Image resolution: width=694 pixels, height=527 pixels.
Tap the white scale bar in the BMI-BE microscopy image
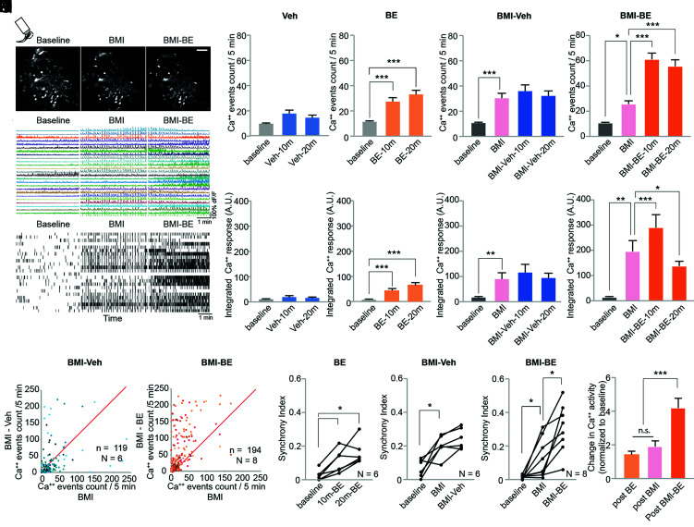pos(202,39)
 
